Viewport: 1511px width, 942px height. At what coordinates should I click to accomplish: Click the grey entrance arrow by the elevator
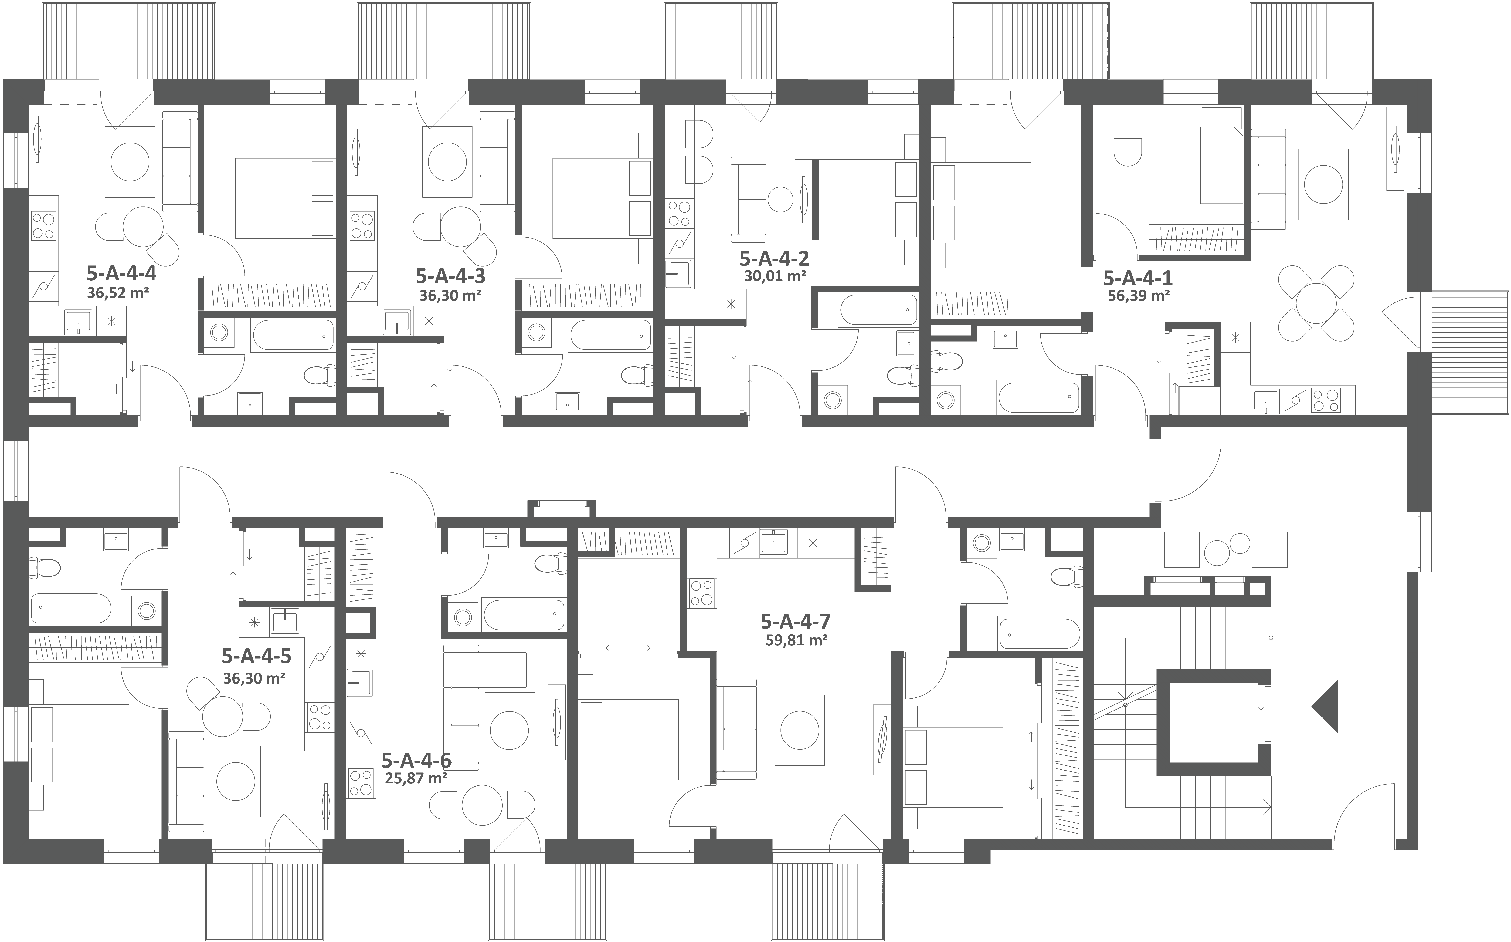click(1326, 707)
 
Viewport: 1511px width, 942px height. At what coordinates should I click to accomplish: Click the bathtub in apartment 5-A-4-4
click(293, 335)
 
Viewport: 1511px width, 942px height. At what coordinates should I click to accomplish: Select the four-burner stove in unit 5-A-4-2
click(679, 213)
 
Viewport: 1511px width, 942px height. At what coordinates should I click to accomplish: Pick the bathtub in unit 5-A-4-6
click(523, 615)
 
